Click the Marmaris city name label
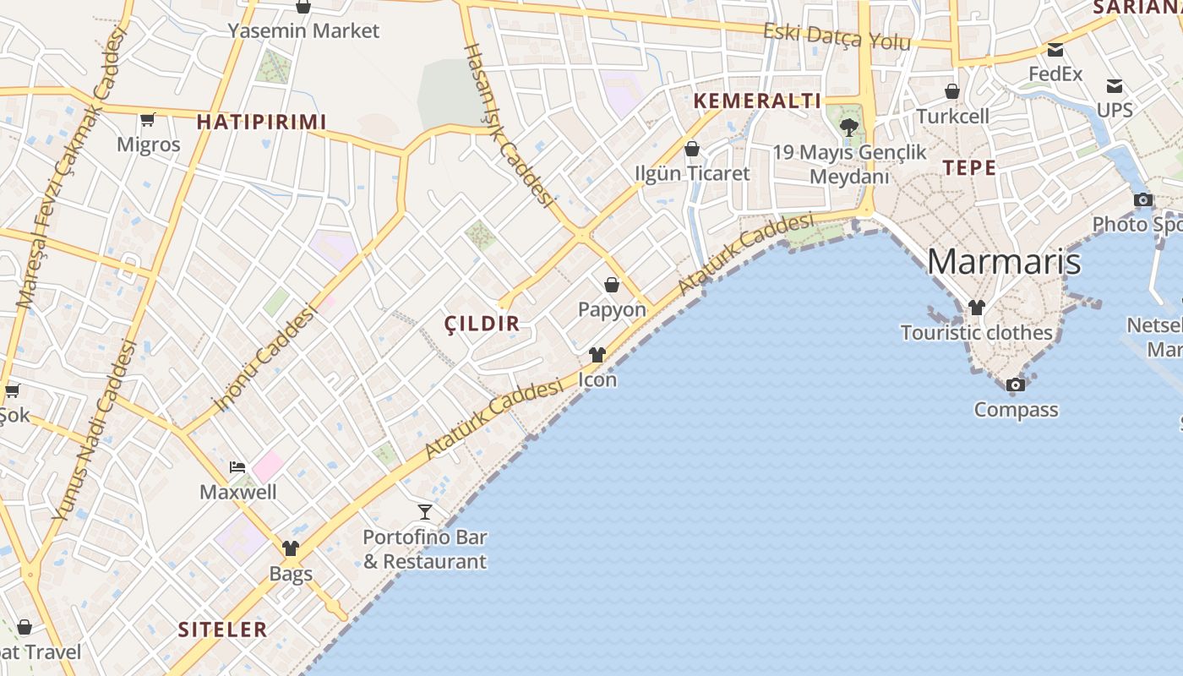pos(1003,261)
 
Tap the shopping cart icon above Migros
pos(148,119)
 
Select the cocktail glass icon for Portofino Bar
pos(425,511)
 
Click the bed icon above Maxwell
pos(237,467)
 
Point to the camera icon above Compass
pos(1016,385)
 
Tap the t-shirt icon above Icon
pos(597,355)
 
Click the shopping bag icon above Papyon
pos(612,285)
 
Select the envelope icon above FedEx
pos(1055,50)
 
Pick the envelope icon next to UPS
pos(1115,85)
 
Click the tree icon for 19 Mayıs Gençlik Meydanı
pos(849,128)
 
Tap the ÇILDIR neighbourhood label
pos(482,324)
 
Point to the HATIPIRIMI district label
pos(261,123)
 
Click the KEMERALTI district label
pos(757,101)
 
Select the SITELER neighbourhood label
pos(222,630)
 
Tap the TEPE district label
pos(969,167)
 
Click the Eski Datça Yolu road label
pos(837,36)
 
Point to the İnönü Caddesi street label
pos(264,358)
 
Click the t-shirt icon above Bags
pos(291,548)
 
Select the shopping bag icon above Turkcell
pos(952,91)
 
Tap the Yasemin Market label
pos(304,31)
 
